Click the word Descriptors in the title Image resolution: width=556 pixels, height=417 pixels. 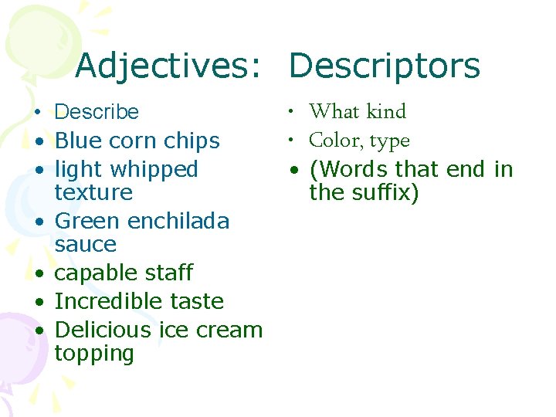click(385, 66)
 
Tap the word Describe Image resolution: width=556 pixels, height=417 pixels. click(97, 112)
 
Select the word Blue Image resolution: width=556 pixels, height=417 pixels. click(74, 141)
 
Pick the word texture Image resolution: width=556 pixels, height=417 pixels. click(93, 192)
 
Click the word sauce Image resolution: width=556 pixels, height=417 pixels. click(86, 244)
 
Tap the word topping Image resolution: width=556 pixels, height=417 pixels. click(94, 354)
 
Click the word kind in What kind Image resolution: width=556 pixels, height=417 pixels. click(386, 111)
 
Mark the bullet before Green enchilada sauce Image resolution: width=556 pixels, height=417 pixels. click(37, 222)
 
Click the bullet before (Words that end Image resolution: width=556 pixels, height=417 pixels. click(296, 170)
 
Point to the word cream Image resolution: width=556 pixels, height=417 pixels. click(229, 330)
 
